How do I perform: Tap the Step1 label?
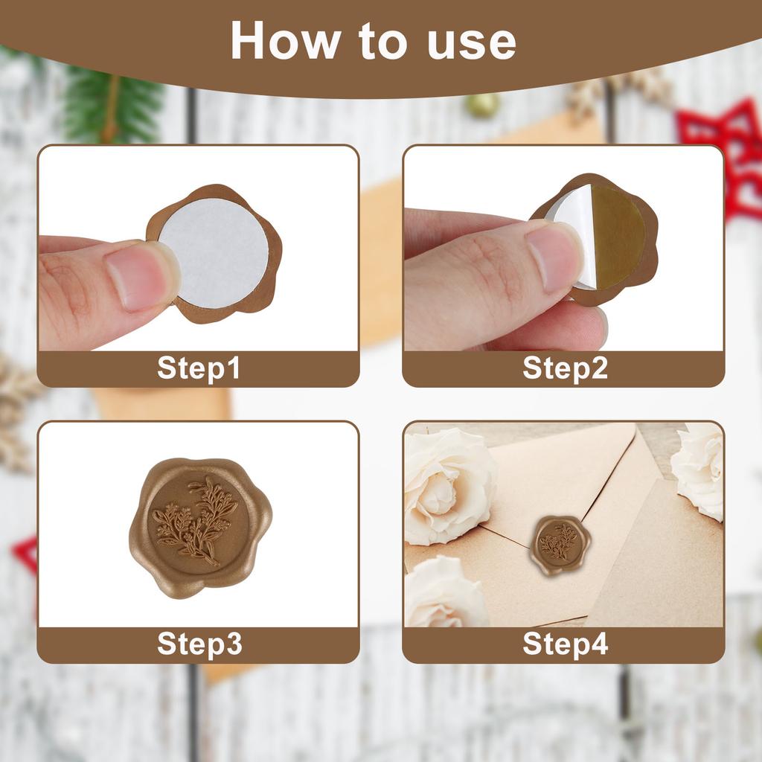tap(199, 368)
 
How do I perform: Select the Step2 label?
tap(565, 368)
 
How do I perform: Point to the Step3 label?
tap(199, 644)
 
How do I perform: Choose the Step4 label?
tap(565, 644)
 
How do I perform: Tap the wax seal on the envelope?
tap(558, 544)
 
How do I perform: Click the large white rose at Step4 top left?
tap(446, 484)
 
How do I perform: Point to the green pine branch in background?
tap(112, 104)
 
